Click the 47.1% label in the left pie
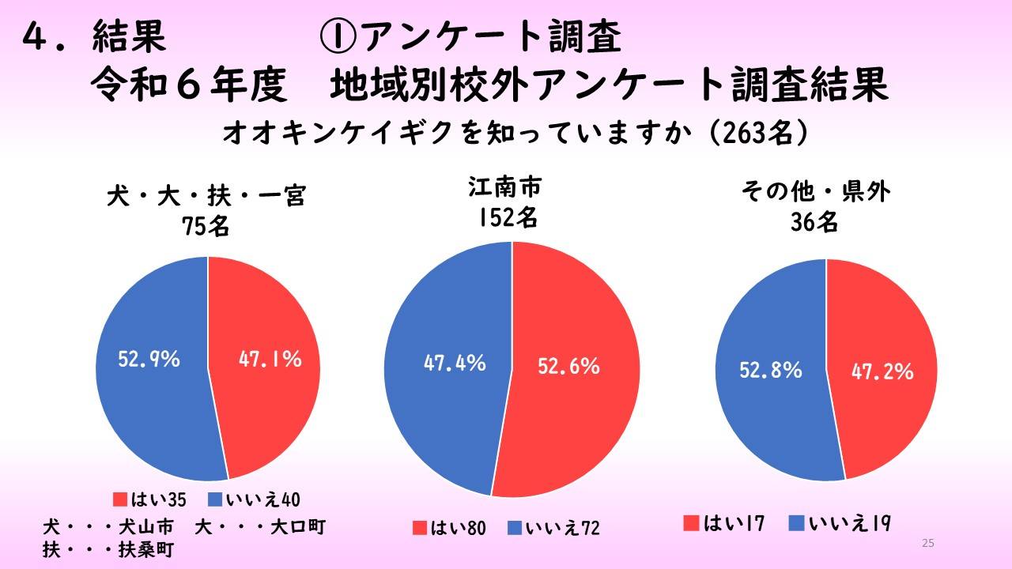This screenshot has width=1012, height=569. point(270,360)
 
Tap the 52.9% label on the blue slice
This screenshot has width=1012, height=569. point(149,360)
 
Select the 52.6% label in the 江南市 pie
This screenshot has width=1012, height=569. point(568,366)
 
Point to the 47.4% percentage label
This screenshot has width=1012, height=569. point(454,364)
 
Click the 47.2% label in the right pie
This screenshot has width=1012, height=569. point(882,371)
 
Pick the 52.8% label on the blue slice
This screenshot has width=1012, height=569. point(770,369)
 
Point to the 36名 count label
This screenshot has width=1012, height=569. point(814,224)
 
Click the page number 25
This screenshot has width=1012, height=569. point(928,543)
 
